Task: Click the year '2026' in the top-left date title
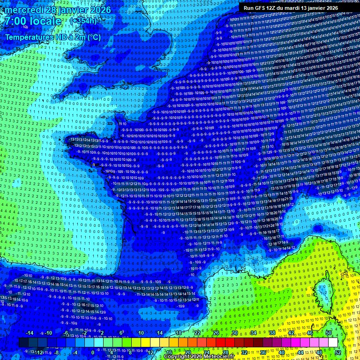pyautogui.click(x=99, y=10)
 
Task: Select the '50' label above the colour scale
pyautogui.click(x=328, y=333)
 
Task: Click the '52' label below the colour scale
pyautogui.click(x=337, y=352)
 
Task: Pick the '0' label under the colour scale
pyautogui.click(x=92, y=352)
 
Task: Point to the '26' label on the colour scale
pyautogui.click(x=216, y=333)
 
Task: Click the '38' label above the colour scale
pyautogui.click(x=272, y=333)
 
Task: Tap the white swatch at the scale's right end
pyautogui.click(x=333, y=343)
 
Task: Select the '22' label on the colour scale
pyautogui.click(x=197, y=333)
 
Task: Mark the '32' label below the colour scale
pyautogui.click(x=244, y=352)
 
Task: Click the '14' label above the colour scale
pyautogui.click(x=159, y=333)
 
